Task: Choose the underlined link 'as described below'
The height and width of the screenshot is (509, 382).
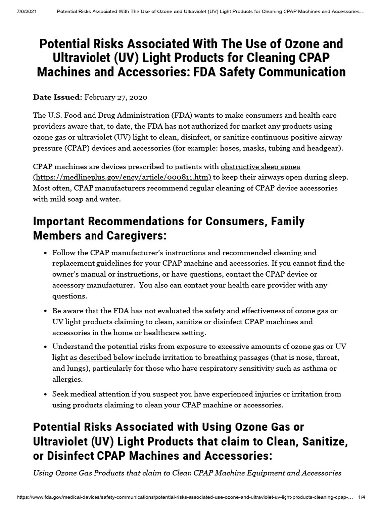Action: tap(102, 357)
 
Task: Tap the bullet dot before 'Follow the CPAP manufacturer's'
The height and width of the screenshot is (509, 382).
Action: tap(45, 253)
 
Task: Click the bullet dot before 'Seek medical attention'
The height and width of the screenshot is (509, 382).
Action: tap(45, 394)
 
